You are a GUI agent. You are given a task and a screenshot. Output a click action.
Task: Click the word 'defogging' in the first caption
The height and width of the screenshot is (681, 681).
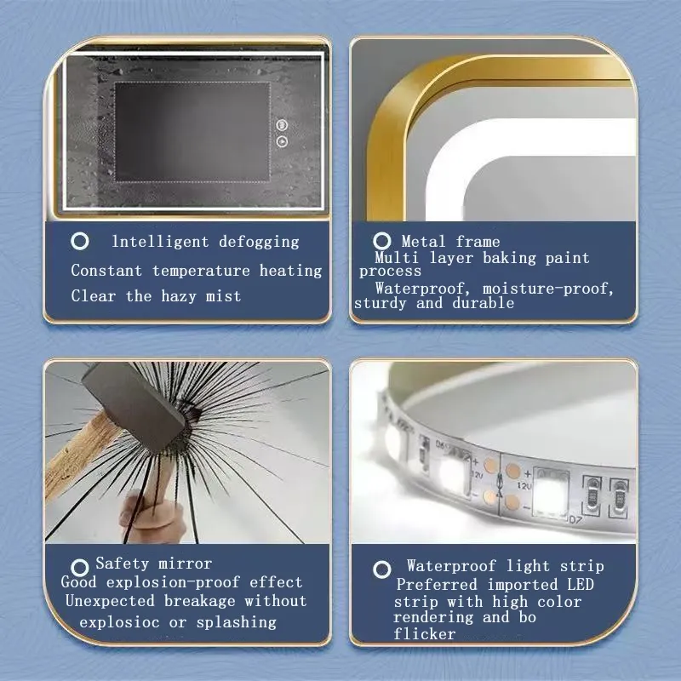coord(259,243)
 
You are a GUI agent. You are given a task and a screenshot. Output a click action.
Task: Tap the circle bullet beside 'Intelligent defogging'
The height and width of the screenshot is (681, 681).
coord(80,241)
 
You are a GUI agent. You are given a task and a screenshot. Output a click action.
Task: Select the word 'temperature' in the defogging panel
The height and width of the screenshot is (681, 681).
coord(201,271)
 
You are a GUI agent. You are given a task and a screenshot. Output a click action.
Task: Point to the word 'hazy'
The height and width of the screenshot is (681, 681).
coord(179,296)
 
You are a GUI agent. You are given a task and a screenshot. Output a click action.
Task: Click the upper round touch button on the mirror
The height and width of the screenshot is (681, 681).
coord(282,125)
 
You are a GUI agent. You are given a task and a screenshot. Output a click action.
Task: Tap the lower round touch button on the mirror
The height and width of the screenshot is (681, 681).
coord(282,141)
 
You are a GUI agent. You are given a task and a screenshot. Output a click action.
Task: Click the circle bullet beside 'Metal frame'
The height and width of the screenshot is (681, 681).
coord(381,241)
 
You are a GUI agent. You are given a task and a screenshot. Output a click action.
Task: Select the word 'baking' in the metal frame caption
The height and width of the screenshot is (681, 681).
coord(509,258)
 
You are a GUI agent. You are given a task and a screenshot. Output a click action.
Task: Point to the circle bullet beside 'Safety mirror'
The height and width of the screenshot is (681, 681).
coord(80,567)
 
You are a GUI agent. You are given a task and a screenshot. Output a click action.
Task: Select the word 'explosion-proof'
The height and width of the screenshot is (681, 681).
coord(173,582)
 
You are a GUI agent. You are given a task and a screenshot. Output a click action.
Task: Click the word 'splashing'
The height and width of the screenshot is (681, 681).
coord(237,622)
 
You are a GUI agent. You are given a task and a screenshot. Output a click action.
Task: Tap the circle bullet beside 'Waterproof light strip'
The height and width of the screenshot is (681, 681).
coord(381,569)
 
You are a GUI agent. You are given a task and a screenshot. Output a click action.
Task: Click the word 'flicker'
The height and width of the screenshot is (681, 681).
coord(424,634)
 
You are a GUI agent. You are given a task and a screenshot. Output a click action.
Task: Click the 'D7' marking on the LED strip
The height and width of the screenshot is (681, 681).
coord(575,519)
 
